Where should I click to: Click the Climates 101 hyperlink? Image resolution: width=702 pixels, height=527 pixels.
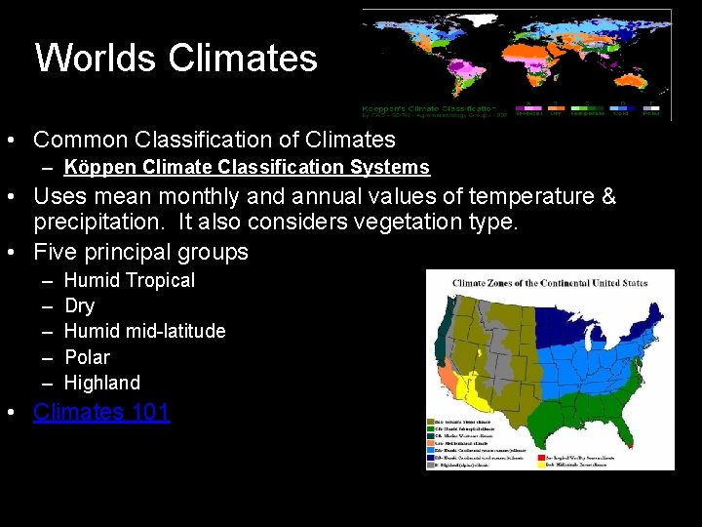101,412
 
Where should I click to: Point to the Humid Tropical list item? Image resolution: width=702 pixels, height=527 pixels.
129,280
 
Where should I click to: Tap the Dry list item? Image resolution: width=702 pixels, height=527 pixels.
79,306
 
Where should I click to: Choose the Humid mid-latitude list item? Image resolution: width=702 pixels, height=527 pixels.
144,332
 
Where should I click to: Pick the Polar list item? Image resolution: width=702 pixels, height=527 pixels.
87,357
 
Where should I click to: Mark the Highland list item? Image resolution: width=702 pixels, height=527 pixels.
101,383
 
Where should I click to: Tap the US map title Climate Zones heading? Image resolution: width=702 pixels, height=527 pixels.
549,284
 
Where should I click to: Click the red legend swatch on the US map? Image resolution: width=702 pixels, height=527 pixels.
542,455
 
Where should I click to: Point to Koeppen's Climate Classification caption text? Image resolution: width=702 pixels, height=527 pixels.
428,107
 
